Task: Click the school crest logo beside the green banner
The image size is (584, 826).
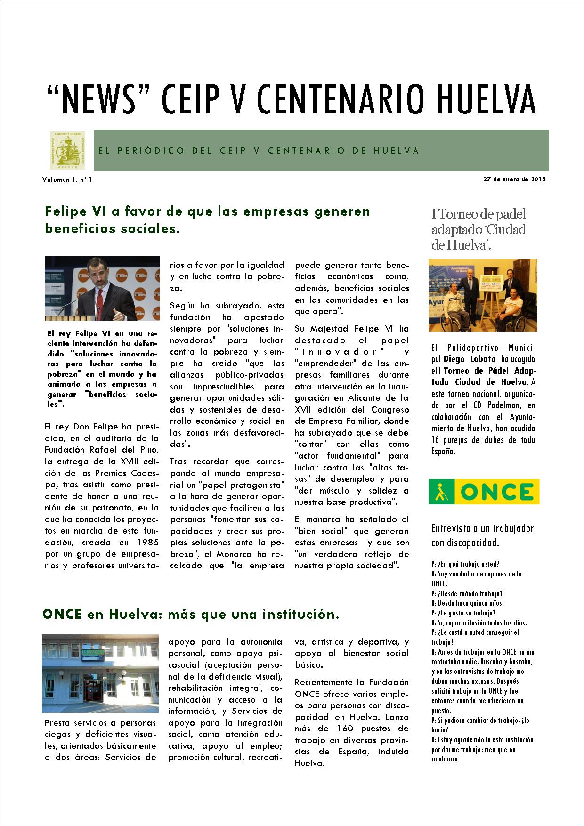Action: tap(68, 151)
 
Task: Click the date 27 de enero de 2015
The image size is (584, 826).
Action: tap(514, 179)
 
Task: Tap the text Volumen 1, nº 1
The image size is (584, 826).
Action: tap(67, 180)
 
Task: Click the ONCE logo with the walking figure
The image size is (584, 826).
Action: tap(484, 492)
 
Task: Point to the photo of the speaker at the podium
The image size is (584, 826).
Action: tap(102, 288)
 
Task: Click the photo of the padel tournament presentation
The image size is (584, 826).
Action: tap(483, 295)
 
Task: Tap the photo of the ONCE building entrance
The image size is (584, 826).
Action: tap(100, 673)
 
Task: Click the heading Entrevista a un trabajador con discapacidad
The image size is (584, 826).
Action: tap(482, 535)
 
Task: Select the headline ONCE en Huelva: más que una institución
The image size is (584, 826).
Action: tap(191, 615)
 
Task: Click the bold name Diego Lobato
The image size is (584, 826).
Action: tap(470, 359)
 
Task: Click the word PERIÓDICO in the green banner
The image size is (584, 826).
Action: tap(151, 151)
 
